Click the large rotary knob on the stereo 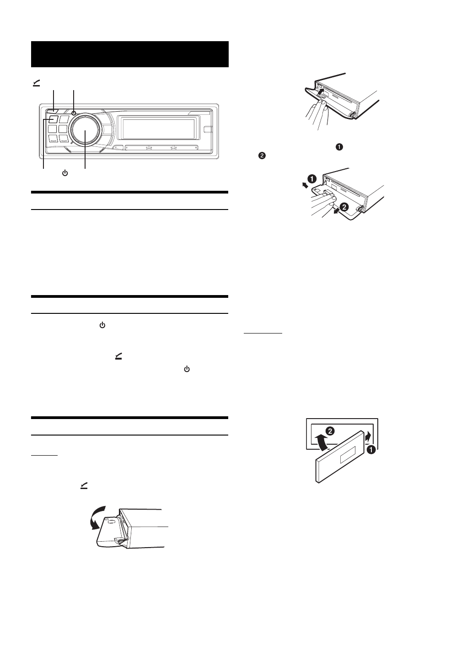tap(85, 130)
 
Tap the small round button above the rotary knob tap(74, 112)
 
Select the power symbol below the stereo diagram tap(65, 173)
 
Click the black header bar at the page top tap(129, 54)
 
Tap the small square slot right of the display tap(208, 129)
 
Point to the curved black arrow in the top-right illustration tap(323, 95)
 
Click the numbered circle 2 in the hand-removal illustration tap(344, 207)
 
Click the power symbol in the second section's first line tap(102, 325)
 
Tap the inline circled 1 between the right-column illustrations tap(339, 147)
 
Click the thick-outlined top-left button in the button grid tap(51, 120)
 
